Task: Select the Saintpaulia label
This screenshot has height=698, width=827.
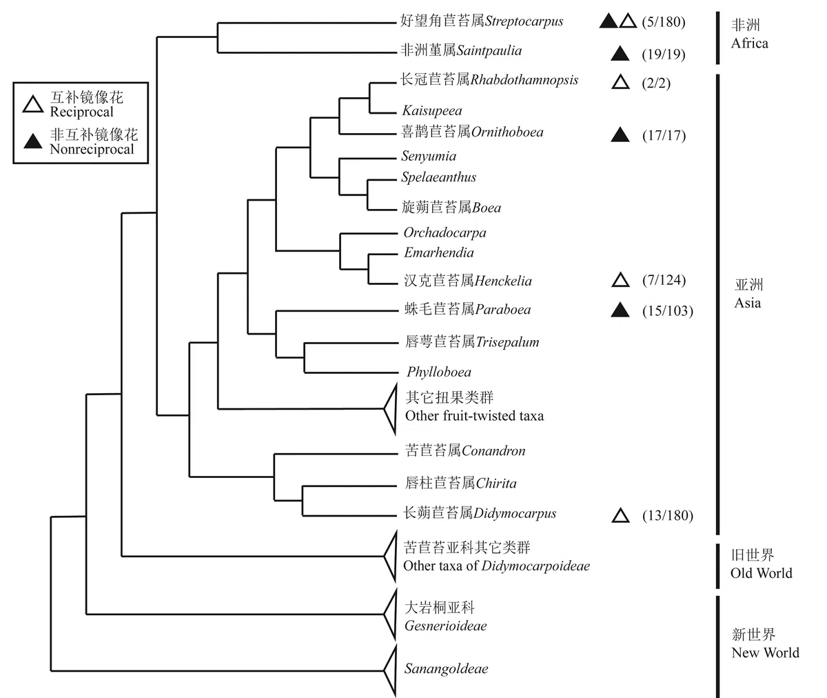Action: pos(494,50)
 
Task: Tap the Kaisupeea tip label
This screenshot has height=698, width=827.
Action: pos(432,110)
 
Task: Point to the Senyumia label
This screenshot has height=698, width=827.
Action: pos(429,157)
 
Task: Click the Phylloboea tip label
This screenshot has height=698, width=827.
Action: pos(439,372)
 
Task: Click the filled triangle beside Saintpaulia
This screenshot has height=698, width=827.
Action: pos(620,53)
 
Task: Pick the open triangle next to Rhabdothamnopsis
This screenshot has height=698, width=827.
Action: pos(620,83)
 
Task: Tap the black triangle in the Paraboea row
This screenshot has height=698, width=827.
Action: pos(620,311)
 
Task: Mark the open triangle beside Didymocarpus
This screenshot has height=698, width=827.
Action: pos(620,515)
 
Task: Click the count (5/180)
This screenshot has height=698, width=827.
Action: pos(663,22)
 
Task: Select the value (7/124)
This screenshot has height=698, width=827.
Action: pos(663,281)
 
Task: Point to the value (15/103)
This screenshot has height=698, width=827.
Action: pos(667,311)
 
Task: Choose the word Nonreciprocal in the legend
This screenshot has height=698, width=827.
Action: pos(92,149)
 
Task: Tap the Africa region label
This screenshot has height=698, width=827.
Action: pos(749,43)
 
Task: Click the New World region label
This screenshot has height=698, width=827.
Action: pos(765,652)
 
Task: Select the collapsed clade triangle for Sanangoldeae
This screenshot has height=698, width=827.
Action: pos(391,670)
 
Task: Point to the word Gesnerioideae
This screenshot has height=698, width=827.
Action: pos(445,626)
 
